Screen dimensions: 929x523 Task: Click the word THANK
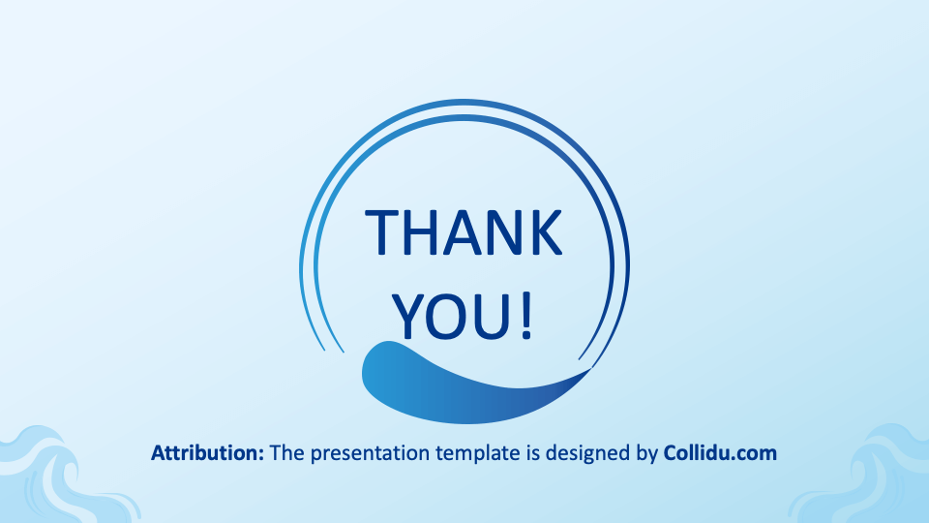coord(464,232)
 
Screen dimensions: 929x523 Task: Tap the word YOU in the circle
coord(452,317)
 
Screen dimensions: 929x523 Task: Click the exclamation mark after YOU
coord(526,317)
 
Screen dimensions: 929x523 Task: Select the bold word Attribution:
coord(207,453)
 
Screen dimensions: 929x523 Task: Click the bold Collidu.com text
coord(720,453)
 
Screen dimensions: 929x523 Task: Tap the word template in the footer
coord(477,454)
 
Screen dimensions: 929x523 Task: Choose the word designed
coord(588,454)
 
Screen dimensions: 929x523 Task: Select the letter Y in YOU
coord(409,317)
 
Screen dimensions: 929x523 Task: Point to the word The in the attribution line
coord(287,453)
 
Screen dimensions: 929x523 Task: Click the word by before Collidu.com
coord(647,454)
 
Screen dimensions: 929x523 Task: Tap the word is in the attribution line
coord(532,453)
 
